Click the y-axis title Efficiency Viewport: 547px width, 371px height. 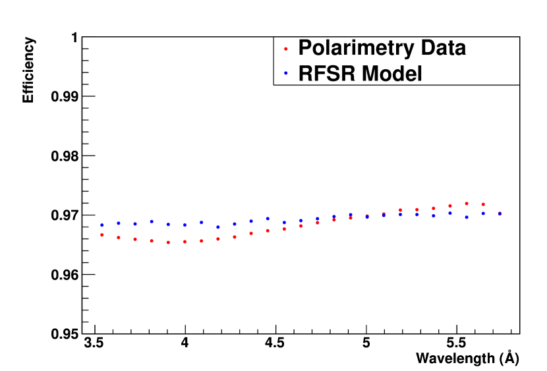click(28, 70)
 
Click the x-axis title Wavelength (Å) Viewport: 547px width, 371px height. click(467, 358)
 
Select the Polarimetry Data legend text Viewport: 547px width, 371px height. click(382, 48)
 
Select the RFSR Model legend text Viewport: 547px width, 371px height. click(360, 74)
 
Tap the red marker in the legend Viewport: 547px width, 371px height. click(285, 49)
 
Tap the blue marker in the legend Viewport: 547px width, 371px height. click(285, 74)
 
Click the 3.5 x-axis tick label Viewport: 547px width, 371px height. click(96, 345)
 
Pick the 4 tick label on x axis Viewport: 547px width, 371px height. click(185, 345)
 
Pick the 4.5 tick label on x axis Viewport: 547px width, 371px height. click(275, 345)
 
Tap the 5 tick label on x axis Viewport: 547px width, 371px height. click(366, 345)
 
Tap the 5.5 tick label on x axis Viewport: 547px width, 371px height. click(456, 345)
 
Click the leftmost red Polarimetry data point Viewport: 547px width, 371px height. click(101, 235)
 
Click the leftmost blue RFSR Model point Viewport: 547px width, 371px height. click(101, 225)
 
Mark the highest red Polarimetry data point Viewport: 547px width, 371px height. click(467, 204)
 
